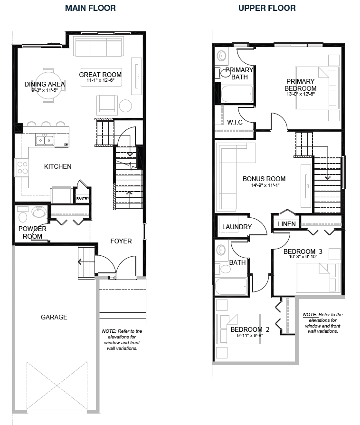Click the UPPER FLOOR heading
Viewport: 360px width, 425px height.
pyautogui.click(x=267, y=8)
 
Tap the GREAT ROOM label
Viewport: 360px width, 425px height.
pyautogui.click(x=100, y=75)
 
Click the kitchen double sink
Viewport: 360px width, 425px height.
pyautogui.click(x=45, y=140)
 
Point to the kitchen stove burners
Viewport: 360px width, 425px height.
pyautogui.click(x=22, y=167)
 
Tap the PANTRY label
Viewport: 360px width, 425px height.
pyautogui.click(x=83, y=198)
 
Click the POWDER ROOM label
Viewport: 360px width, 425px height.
pyautogui.click(x=32, y=232)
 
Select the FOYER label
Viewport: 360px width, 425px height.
pyautogui.click(x=121, y=241)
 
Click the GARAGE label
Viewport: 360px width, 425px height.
pyautogui.click(x=54, y=317)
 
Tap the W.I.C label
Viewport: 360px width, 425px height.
pyautogui.click(x=235, y=122)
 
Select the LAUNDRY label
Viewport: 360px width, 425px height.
pyautogui.click(x=237, y=227)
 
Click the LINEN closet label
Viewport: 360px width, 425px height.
pyautogui.click(x=287, y=224)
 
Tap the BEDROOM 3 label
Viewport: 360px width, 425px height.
pyautogui.click(x=303, y=251)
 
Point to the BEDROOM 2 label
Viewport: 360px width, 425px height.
pyautogui.click(x=250, y=329)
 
